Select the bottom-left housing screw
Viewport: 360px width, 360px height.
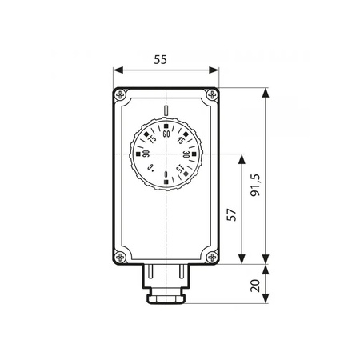click(121, 257)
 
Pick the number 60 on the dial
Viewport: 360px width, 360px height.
click(166, 134)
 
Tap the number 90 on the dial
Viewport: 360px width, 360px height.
click(146, 154)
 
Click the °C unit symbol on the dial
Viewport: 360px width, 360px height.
click(151, 168)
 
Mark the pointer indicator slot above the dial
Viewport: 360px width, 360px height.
click(166, 111)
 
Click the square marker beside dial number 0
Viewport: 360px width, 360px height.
click(166, 183)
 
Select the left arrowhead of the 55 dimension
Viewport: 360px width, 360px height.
click(117, 70)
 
